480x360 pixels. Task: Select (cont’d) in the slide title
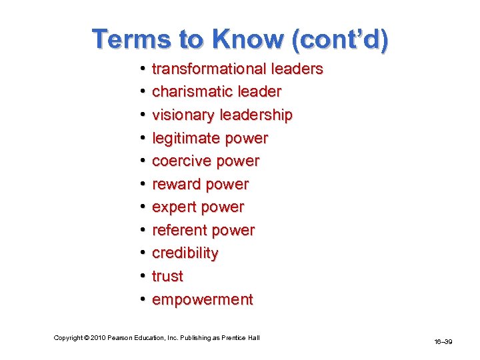tap(339, 39)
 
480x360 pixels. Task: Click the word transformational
tap(208, 69)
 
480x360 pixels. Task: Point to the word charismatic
tap(193, 92)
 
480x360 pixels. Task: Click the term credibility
tap(185, 253)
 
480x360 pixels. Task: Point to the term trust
tap(167, 276)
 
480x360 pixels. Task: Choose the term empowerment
tap(202, 299)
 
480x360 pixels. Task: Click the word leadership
tap(261, 115)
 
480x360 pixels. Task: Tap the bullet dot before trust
tap(143, 276)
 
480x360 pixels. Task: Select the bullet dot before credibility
tap(143, 253)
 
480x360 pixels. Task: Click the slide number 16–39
tap(443, 341)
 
